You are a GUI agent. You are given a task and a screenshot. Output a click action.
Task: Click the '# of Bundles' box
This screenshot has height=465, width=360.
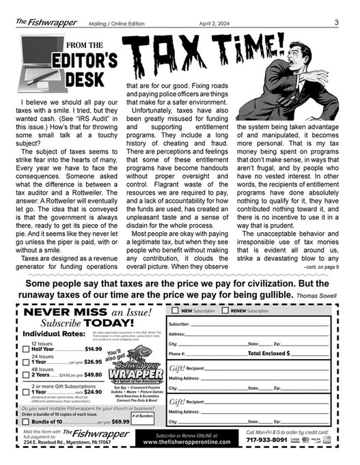click(142, 419)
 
